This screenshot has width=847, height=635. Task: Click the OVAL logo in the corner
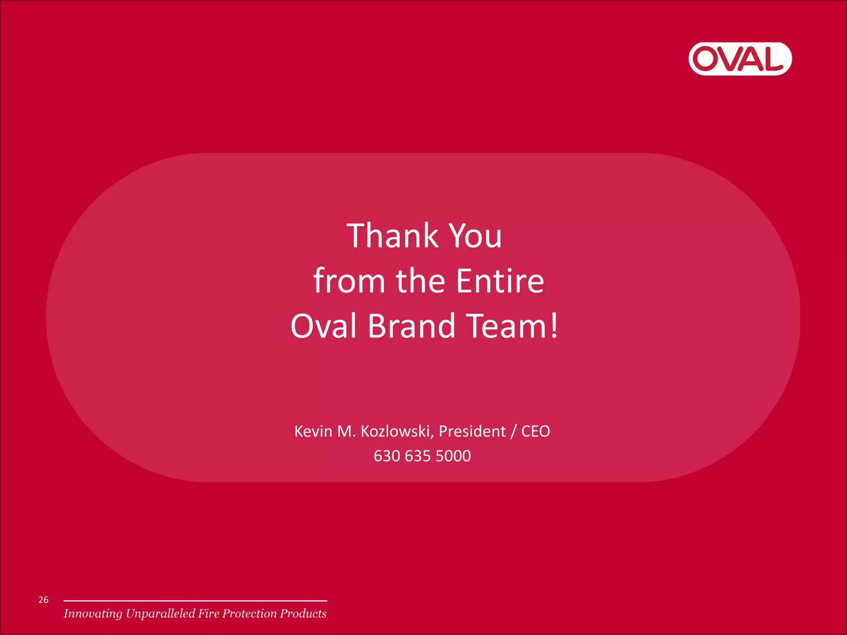pos(740,59)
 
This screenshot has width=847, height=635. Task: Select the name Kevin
pos(313,431)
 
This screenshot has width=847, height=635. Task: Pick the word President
pos(472,431)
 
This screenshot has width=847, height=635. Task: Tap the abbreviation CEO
pos(536,431)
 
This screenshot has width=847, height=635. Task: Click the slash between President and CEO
pos(513,432)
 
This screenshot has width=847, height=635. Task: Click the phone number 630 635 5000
pos(422,456)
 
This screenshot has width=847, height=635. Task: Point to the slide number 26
pos(43,600)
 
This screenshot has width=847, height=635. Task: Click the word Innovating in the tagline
pos(93,614)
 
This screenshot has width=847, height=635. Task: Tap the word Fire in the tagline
pos(208,614)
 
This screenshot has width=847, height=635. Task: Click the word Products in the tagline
pos(303,614)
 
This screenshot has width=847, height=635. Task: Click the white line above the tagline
pos(195,601)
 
